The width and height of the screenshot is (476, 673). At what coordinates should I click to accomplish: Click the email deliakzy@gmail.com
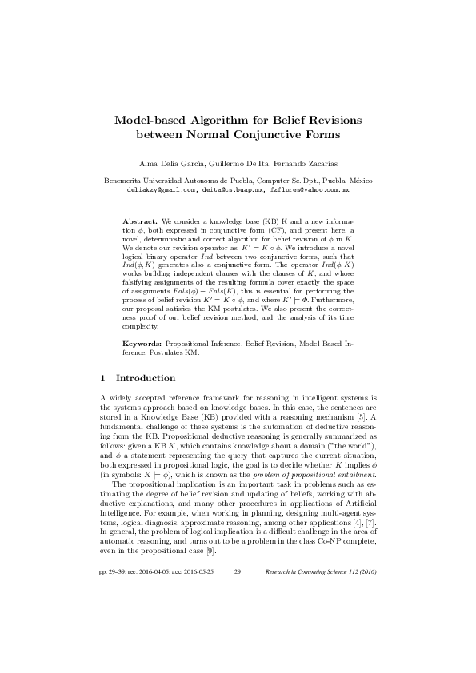[159, 191]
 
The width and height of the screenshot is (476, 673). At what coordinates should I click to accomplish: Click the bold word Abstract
[139, 219]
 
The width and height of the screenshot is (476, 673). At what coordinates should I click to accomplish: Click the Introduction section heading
[146, 378]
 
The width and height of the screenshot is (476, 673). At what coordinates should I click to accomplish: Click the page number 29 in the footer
[238, 595]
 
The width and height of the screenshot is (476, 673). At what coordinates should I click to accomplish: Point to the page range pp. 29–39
[116, 595]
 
